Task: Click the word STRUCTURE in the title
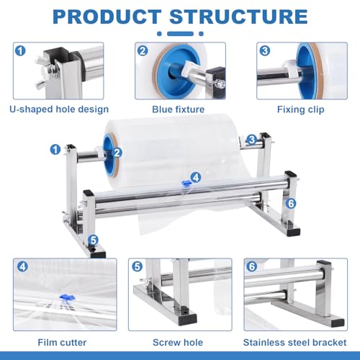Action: click(x=242, y=17)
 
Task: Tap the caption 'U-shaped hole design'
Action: click(x=59, y=109)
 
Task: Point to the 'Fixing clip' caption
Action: click(x=301, y=109)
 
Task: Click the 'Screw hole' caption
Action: click(x=179, y=343)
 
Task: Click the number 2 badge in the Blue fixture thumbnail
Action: click(x=144, y=51)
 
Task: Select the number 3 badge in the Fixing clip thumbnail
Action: click(x=266, y=51)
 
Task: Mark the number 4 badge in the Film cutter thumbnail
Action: click(x=22, y=266)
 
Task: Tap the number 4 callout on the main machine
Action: click(x=196, y=177)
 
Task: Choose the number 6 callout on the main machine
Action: click(x=292, y=204)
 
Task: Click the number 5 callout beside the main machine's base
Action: click(x=93, y=240)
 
